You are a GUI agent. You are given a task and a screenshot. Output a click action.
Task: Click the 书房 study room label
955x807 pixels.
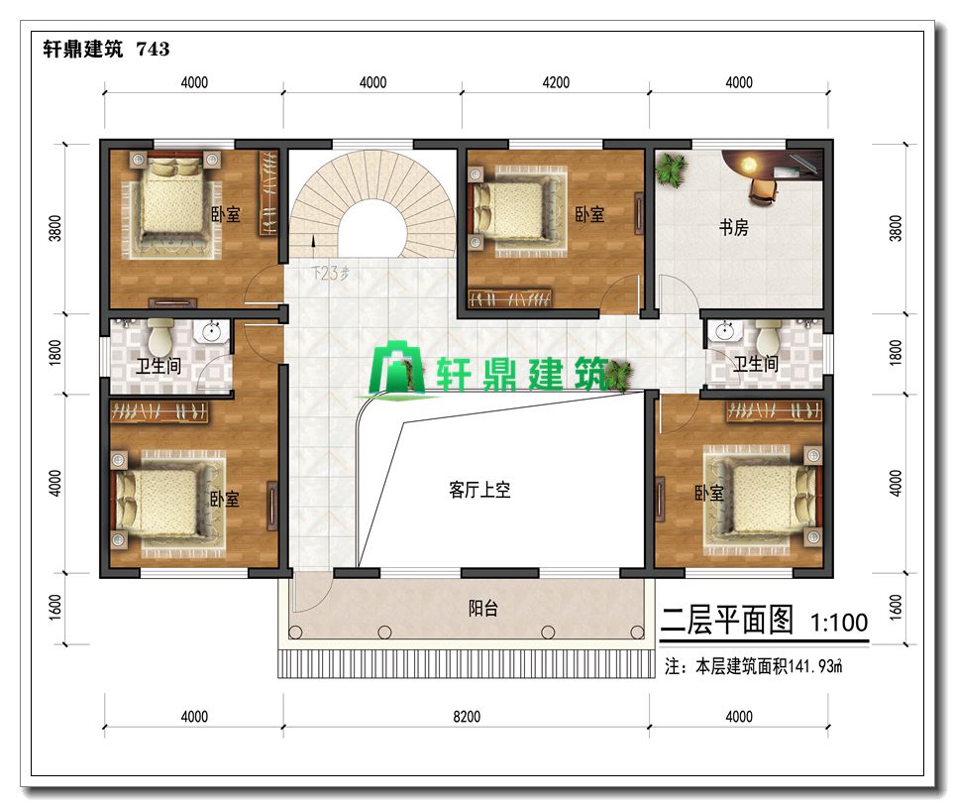[x=733, y=227]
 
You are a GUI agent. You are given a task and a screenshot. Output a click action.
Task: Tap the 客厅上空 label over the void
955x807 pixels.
[x=479, y=490]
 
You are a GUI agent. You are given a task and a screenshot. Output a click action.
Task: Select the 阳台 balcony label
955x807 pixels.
[x=483, y=608]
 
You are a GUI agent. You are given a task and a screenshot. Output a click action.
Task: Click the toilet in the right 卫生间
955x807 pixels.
[x=768, y=337]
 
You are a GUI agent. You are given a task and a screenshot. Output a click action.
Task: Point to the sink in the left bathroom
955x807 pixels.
[x=211, y=332]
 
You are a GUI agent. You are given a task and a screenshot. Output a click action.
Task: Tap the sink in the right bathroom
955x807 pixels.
[x=723, y=331]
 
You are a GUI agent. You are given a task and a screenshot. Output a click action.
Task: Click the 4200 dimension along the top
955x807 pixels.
[x=556, y=82]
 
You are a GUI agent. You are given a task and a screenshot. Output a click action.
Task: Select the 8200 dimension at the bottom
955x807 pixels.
[x=467, y=716]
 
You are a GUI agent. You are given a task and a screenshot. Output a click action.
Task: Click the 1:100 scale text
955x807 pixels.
[x=839, y=622]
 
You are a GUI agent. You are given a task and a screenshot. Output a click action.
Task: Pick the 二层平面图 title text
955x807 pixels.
[x=726, y=621]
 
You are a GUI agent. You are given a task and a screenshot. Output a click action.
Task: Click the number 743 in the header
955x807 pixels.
[x=153, y=49]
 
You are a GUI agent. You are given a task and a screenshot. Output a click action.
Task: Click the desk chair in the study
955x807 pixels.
[x=764, y=189]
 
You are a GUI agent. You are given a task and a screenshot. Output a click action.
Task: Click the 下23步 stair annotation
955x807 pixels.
[x=330, y=273]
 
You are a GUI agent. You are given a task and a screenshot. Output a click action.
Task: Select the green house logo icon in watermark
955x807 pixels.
[x=397, y=368]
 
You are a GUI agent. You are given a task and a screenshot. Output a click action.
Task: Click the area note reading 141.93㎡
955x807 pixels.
[x=754, y=666]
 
